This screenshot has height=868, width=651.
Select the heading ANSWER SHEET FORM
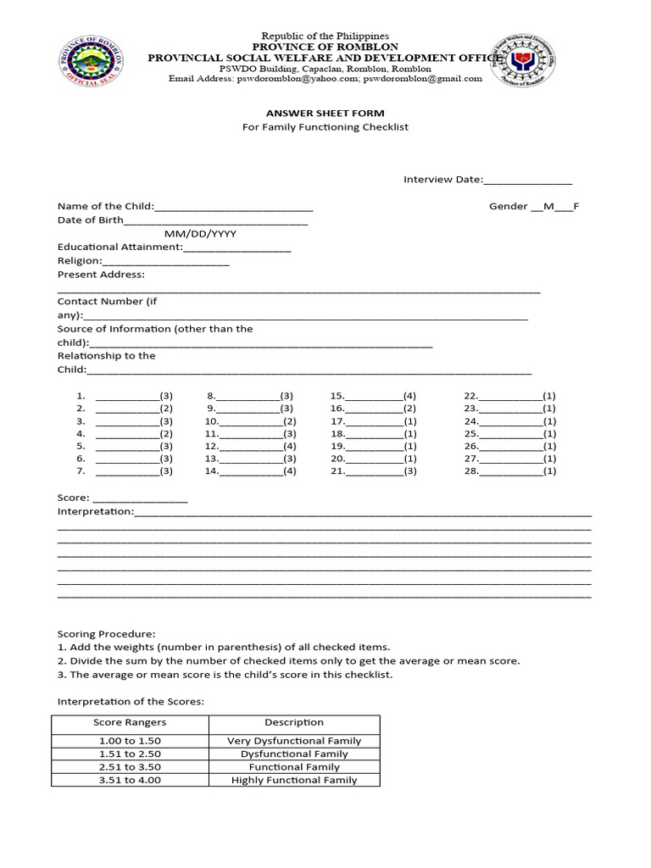pyautogui.click(x=325, y=113)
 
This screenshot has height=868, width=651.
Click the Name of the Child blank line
pyautogui.click(x=234, y=208)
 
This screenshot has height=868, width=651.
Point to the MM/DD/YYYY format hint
pyautogui.click(x=200, y=233)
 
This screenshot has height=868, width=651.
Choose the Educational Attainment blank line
pyautogui.click(x=237, y=248)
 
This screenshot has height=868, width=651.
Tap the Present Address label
pyautogui.click(x=101, y=274)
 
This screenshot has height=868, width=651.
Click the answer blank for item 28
pyautogui.click(x=511, y=473)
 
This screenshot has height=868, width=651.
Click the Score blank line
pyautogui.click(x=139, y=499)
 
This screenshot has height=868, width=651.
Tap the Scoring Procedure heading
pyautogui.click(x=106, y=633)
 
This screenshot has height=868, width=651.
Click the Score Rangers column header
pyautogui.click(x=130, y=722)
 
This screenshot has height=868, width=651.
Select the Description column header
pyautogui.click(x=294, y=722)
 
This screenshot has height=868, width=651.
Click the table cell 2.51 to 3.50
pyautogui.click(x=130, y=766)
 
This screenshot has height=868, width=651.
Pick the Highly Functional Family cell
pyautogui.click(x=294, y=780)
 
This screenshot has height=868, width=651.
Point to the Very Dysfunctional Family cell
pyautogui.click(x=294, y=740)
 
